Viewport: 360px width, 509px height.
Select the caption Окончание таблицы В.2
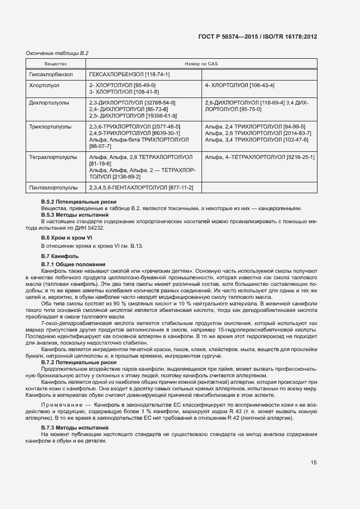[57, 53]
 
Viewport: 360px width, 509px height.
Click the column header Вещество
[40, 64]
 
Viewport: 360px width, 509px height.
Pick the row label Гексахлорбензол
[49, 74]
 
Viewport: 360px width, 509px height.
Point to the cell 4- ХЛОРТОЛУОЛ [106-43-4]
[239, 85]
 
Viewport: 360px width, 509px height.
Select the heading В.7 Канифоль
[60, 256]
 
